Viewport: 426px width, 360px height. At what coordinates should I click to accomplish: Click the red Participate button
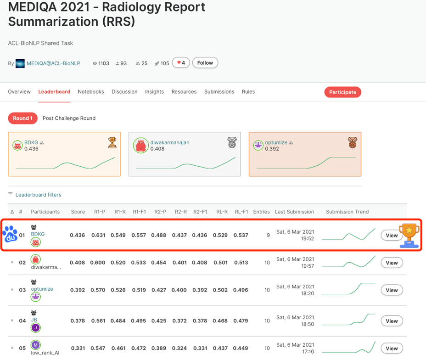(x=342, y=92)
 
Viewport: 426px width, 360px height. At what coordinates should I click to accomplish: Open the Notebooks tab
(x=91, y=92)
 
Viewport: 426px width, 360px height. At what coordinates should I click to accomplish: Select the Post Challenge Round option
(x=69, y=118)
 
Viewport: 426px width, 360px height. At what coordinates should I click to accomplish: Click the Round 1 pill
(x=22, y=118)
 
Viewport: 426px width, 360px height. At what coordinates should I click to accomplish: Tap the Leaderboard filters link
(x=38, y=195)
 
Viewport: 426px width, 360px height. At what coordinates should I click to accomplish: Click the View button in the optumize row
(x=392, y=290)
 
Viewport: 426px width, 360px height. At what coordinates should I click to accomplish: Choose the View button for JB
(x=392, y=321)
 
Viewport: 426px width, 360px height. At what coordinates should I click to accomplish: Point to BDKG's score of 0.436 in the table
(x=77, y=235)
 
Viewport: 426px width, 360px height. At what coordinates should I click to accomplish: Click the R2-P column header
(x=160, y=212)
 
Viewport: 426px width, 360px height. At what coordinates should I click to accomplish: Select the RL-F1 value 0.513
(x=241, y=263)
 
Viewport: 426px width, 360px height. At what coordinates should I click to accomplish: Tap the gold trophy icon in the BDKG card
(x=112, y=142)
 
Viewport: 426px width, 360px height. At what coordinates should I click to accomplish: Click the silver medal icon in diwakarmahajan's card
(x=232, y=142)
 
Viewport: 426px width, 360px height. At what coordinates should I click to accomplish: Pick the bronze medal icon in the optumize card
(x=352, y=142)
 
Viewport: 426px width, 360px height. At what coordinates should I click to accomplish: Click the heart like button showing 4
(x=181, y=63)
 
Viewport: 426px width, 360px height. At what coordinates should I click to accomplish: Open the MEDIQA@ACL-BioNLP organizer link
(x=53, y=63)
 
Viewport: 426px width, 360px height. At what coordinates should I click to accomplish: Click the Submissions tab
(x=219, y=92)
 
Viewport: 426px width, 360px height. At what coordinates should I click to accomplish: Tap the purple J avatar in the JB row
(x=35, y=328)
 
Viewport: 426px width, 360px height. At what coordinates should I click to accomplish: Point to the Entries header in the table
(x=261, y=212)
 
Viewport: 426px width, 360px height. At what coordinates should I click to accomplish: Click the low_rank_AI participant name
(x=45, y=353)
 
